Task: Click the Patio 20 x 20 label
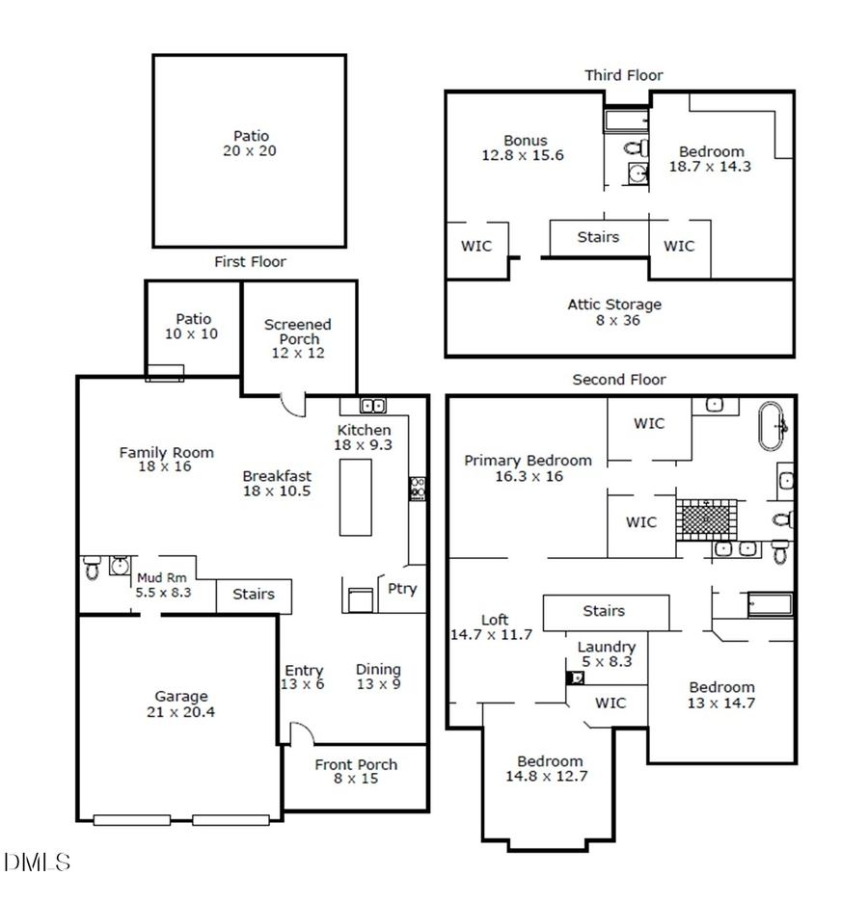coord(249,144)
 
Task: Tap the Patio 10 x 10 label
coord(193,327)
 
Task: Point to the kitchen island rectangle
coord(355,496)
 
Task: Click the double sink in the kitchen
coord(373,406)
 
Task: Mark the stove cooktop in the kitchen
coord(419,488)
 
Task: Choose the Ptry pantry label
coord(402,588)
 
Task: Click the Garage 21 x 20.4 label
coord(181,704)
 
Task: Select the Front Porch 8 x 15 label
coord(355,771)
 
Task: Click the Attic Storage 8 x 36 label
coord(614,312)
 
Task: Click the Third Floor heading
coord(623,75)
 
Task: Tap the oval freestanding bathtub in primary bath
coord(773,426)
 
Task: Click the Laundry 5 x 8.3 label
coord(606,654)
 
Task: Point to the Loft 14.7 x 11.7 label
coord(491,627)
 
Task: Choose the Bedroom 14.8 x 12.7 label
coord(549,768)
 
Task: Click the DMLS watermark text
coord(38,862)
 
